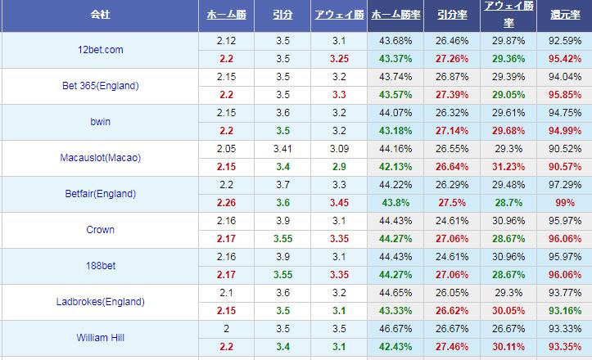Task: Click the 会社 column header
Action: [99, 16]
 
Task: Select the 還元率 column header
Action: [564, 16]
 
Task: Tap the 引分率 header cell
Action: [453, 16]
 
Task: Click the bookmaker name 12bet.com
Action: [100, 50]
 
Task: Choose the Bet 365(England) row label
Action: [100, 86]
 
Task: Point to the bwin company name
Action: [100, 122]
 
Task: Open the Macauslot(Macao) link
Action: [100, 158]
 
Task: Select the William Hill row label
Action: [100, 336]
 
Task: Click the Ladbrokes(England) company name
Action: [100, 302]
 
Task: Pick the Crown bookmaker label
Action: [100, 230]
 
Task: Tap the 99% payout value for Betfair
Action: [563, 202]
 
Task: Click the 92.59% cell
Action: [564, 41]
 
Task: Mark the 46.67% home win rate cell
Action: [396, 328]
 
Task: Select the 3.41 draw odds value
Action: [282, 149]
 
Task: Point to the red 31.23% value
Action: [508, 166]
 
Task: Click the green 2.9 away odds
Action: [339, 166]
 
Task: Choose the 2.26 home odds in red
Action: [226, 202]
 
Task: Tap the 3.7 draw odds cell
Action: [282, 185]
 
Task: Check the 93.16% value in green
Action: [564, 310]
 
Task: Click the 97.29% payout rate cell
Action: [564, 185]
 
